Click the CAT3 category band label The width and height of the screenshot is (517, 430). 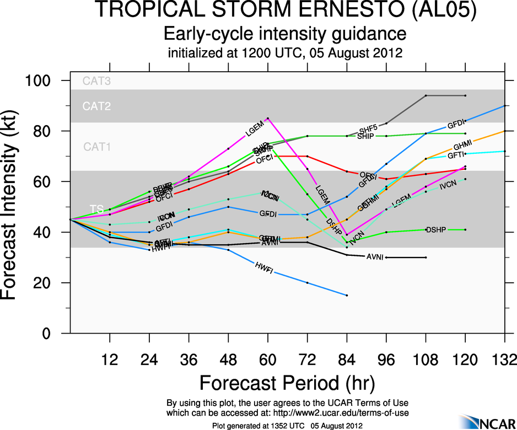96,82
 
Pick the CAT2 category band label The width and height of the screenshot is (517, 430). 96,106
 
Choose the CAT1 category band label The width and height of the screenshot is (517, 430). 96,147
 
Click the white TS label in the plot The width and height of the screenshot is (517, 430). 96,209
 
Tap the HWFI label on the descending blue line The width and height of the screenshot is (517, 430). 264,268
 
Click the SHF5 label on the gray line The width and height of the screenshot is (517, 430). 370,129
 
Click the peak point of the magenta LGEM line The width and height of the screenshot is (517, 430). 268,118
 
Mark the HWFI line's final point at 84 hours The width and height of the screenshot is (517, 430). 347,295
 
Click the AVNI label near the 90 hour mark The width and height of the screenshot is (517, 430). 374,257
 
